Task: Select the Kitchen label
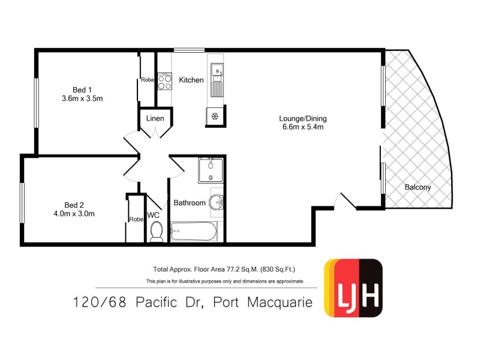click(x=191, y=80)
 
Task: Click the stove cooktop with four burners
click(x=165, y=81)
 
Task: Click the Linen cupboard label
click(x=155, y=119)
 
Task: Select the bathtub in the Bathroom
click(x=193, y=231)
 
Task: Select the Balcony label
click(x=418, y=187)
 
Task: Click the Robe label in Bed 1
click(x=148, y=80)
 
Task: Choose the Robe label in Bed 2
click(x=137, y=219)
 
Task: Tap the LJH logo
click(x=353, y=287)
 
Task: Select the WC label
click(x=153, y=215)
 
